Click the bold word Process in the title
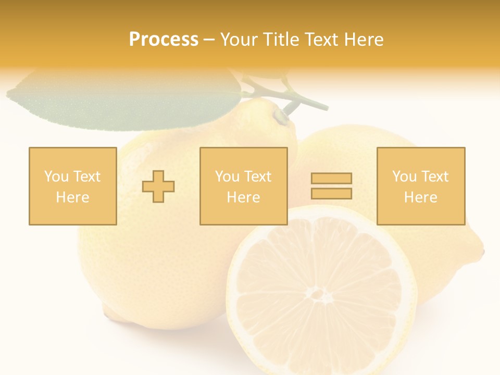coord(164,40)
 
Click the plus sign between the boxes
coord(158,186)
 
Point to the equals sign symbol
coord(331,186)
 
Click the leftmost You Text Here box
coord(73,186)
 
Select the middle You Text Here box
coord(244,186)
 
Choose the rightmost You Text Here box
coord(421,186)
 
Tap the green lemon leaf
coord(125,102)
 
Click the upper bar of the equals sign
coord(331,178)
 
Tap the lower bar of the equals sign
coord(331,193)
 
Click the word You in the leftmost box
coord(56,177)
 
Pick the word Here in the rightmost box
coord(421,197)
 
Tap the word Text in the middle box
coord(257,177)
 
